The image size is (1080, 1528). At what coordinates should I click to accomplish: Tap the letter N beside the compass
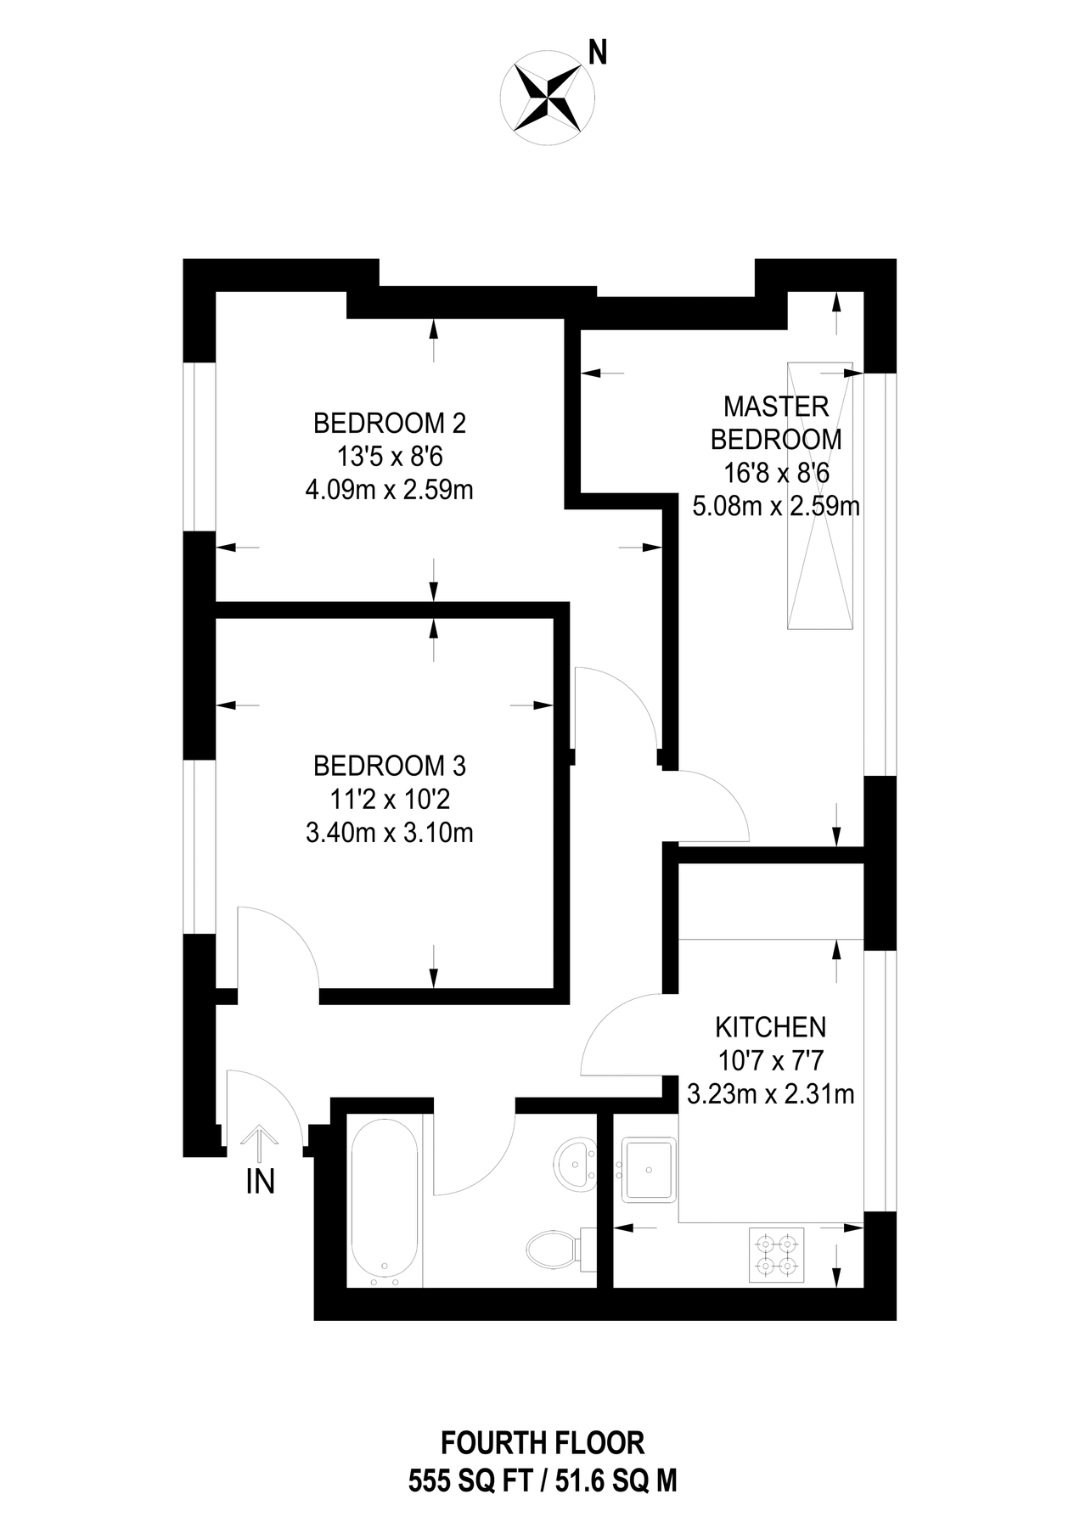click(599, 54)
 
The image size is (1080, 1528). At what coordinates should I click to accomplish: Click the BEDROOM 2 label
click(390, 422)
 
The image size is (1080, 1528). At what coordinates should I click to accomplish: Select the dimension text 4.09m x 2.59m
click(390, 490)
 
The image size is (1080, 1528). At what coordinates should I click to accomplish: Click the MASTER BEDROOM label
click(775, 423)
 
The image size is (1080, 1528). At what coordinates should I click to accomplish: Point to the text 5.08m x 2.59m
click(776, 507)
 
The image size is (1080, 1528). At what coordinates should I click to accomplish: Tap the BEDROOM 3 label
click(390, 766)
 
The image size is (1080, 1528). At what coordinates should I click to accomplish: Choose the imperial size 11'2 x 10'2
click(390, 800)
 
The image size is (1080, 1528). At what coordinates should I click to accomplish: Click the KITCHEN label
click(770, 1027)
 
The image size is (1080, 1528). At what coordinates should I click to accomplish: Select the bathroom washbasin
click(576, 1164)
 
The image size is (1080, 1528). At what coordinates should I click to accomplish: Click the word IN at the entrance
click(260, 1182)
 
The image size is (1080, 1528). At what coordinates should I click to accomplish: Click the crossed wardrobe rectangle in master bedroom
click(820, 496)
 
